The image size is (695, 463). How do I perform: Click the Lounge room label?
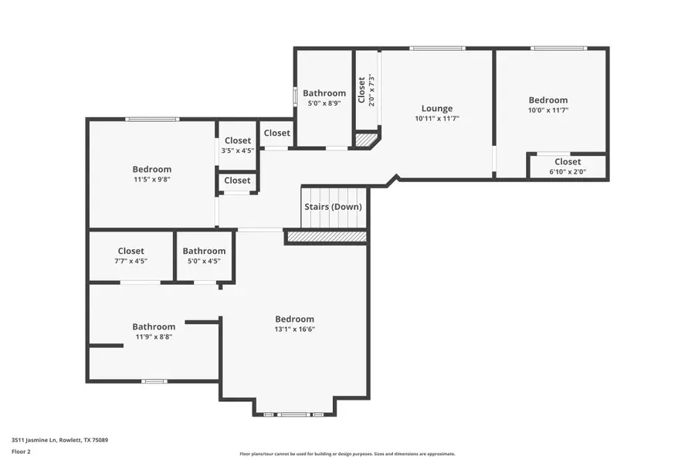tap(436, 109)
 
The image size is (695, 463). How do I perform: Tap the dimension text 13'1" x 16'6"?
tap(294, 330)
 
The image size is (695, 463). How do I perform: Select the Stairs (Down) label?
tap(332, 207)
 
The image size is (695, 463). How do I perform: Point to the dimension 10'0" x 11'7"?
tap(548, 110)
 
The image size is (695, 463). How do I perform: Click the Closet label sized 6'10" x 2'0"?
tap(568, 162)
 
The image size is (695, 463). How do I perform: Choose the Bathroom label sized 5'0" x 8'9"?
tap(324, 93)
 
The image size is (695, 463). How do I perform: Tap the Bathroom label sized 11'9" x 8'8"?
tap(154, 327)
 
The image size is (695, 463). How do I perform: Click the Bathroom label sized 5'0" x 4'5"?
tap(204, 251)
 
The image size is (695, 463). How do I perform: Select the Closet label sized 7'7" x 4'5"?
tap(131, 251)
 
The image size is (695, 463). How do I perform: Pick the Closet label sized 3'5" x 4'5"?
tap(237, 140)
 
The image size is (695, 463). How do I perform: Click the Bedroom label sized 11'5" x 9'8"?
tap(151, 170)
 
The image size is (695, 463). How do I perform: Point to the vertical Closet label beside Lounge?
tap(361, 90)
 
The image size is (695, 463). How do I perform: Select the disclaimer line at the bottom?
tap(347, 454)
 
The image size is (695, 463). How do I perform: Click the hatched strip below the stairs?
tap(326, 237)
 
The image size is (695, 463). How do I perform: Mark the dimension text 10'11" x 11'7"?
tap(436, 119)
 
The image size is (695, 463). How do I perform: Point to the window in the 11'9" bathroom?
tap(154, 380)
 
